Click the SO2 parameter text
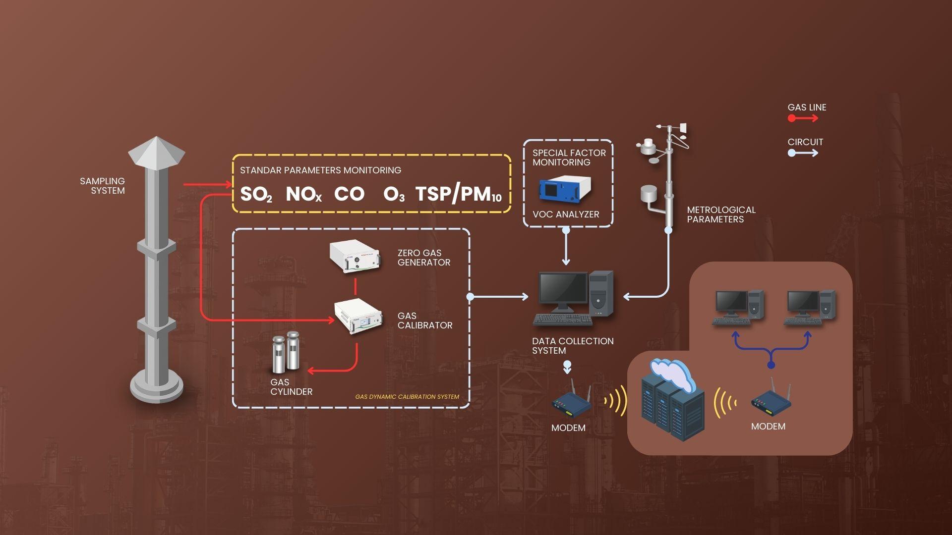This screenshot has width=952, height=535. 255,194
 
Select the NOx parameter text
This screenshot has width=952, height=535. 303,194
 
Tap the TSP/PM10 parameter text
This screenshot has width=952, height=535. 458,194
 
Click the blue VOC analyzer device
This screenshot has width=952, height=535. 565,190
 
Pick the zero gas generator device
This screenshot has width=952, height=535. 355,256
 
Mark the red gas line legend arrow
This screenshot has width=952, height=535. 803,118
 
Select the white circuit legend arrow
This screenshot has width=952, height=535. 803,153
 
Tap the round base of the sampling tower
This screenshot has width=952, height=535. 157,386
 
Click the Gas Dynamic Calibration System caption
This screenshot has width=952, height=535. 407,397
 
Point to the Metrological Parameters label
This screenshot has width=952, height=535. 721,214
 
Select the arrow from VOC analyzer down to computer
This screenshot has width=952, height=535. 566,248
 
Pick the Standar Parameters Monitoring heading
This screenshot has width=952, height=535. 320,170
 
